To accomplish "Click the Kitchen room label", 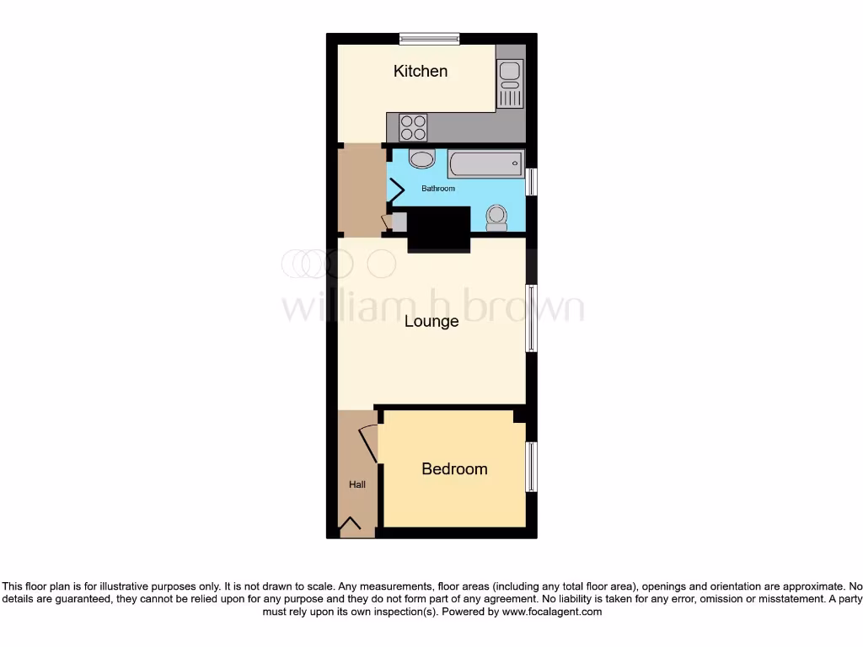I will click(x=421, y=71).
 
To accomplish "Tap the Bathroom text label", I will click(x=438, y=189).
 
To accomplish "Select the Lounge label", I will click(x=431, y=321).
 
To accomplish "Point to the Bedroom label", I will click(x=454, y=468).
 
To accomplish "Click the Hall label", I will click(x=357, y=484).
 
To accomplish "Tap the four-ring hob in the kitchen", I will click(x=413, y=127).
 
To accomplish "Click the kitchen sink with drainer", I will click(x=510, y=83).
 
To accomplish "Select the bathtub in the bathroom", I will click(x=485, y=163).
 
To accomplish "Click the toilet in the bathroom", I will click(x=496, y=217).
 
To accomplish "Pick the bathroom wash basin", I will click(x=421, y=159).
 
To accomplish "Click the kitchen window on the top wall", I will click(x=429, y=38).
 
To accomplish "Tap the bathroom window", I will click(x=531, y=183).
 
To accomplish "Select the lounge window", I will click(x=531, y=318).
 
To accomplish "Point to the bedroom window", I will click(x=531, y=467).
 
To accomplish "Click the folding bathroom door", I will click(x=395, y=189).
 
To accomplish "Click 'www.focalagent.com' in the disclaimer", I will click(x=552, y=612).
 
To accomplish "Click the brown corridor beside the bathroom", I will click(x=361, y=190).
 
